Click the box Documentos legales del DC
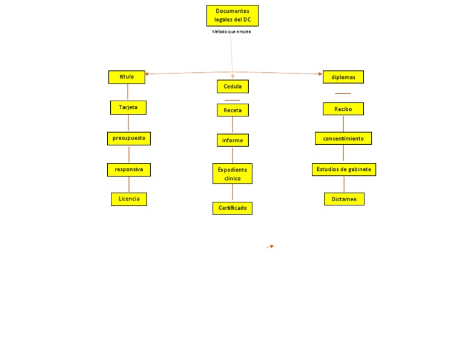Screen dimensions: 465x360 coord(232,16)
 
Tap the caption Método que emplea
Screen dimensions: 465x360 coord(231,32)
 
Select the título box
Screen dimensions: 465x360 coord(127,77)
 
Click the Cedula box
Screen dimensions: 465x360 coord(232,87)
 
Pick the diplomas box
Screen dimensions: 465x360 coord(343,77)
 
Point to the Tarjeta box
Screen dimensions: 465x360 coord(128,107)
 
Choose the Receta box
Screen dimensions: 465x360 coord(232,110)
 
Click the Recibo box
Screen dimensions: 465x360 coord(343,109)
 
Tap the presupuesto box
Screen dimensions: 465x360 coord(128,138)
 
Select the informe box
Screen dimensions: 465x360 coord(232,140)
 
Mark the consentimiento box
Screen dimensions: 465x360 coord(343,138)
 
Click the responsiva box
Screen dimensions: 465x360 coord(128,170)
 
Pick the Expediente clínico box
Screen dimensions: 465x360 coord(232,174)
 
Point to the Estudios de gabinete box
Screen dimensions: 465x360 coord(344,169)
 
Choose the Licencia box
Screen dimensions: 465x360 coord(129,199)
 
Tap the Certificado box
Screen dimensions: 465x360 coord(232,208)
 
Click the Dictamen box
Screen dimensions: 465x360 coord(344,199)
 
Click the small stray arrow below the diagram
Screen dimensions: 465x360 coord(271,246)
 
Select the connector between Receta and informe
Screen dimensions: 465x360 coord(232,125)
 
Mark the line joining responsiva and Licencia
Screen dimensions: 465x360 coord(128,184)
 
